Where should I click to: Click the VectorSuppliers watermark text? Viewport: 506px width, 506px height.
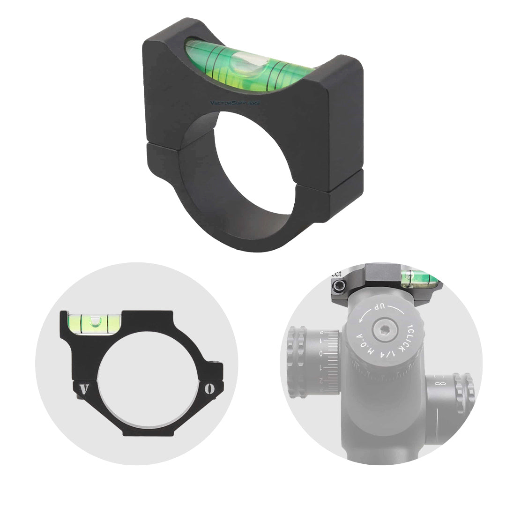coord(235,103)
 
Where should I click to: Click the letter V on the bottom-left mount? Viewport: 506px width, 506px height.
coord(85,388)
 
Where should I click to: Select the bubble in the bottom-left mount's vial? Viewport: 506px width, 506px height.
coord(96,321)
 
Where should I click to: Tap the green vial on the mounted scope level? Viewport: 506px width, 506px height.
coord(418,279)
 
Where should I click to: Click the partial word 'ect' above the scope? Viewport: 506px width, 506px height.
coord(335,273)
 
